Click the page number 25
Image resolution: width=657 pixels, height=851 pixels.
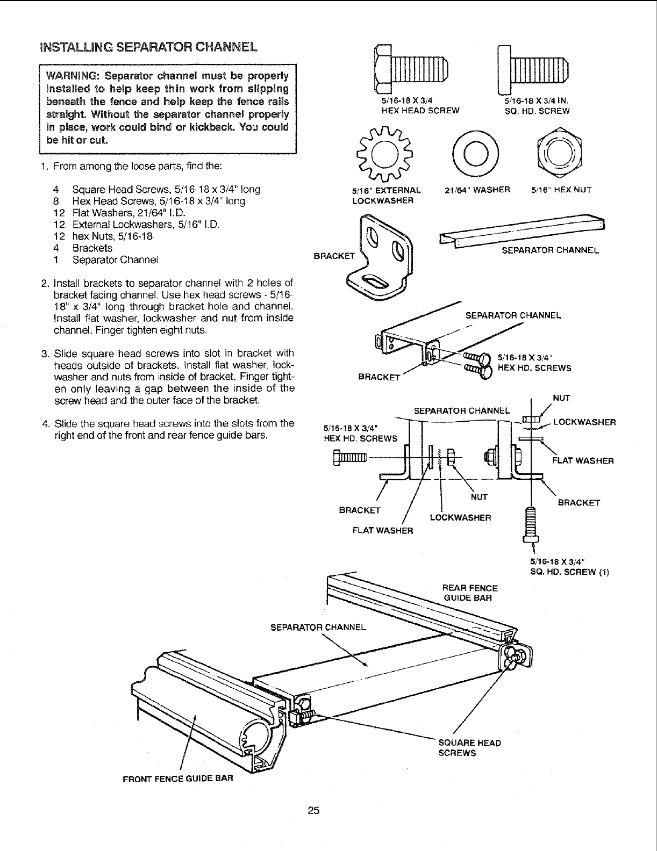(x=314, y=810)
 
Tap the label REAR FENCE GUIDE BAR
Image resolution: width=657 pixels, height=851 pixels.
(x=469, y=593)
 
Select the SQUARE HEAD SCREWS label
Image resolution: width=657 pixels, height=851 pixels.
(x=469, y=747)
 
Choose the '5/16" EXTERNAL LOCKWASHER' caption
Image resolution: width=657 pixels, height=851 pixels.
(x=385, y=196)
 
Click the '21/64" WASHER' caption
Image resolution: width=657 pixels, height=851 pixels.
(x=475, y=190)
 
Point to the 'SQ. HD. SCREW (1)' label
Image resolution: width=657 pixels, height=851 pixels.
(x=569, y=571)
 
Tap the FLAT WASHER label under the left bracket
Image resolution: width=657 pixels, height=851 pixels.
(x=382, y=531)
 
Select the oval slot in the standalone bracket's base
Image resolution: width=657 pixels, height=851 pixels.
(x=375, y=281)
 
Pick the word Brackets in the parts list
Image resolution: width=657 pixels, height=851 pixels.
(x=92, y=248)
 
